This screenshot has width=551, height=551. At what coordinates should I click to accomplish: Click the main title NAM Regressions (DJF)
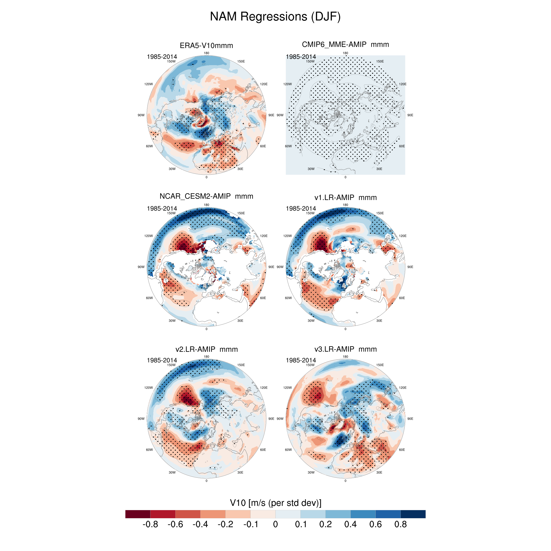click(x=275, y=17)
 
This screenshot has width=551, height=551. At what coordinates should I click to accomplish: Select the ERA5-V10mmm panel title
click(x=206, y=46)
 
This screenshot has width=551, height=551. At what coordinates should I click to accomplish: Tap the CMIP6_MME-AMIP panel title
click(x=345, y=45)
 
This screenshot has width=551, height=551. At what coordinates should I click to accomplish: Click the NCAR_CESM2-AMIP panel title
click(x=206, y=196)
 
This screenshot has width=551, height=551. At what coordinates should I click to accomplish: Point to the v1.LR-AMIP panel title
click(x=345, y=197)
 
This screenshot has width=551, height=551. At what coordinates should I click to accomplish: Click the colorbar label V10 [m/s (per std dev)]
click(x=275, y=503)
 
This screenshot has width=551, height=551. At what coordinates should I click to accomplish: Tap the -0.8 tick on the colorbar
click(x=150, y=524)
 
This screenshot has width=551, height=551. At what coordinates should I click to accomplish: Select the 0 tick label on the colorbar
click(x=275, y=524)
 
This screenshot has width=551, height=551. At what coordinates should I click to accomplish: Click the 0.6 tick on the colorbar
click(x=375, y=524)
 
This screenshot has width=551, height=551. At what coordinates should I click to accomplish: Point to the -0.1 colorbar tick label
click(x=251, y=524)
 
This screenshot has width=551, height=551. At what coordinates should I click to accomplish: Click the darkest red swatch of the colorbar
click(x=138, y=514)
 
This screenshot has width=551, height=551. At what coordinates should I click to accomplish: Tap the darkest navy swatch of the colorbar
click(x=413, y=514)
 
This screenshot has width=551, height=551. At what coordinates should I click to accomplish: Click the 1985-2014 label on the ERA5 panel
click(x=162, y=57)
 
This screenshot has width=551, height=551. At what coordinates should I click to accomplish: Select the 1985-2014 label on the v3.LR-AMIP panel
click(x=301, y=360)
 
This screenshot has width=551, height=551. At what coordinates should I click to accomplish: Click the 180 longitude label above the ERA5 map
click(x=206, y=53)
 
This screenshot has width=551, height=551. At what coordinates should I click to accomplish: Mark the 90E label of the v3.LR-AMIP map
click(x=410, y=419)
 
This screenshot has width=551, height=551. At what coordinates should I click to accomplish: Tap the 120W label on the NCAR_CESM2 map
click(x=149, y=236)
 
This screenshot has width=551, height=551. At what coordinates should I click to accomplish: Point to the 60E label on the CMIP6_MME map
click(x=402, y=146)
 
